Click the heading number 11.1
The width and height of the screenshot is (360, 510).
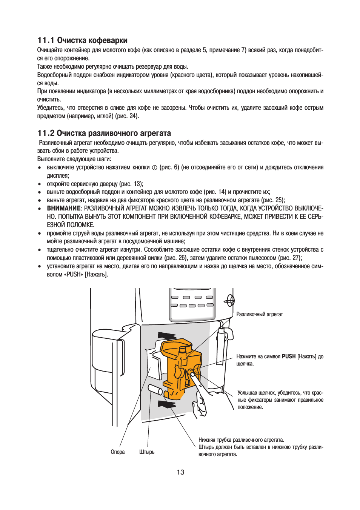46,40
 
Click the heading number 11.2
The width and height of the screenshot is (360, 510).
46,133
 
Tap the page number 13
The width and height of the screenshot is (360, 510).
180,472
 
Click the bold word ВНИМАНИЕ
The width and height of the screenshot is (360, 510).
63,208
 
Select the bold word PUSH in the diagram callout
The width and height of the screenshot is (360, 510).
289,356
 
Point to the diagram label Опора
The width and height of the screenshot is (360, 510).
117,452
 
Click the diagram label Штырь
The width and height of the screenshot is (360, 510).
147,452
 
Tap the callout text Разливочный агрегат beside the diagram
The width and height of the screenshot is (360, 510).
260,314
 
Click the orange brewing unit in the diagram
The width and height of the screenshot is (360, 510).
180,368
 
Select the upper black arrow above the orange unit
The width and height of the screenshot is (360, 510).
167,336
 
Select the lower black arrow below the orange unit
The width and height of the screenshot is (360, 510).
167,404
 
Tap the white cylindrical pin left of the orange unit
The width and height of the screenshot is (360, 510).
155,389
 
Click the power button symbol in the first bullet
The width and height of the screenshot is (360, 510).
155,168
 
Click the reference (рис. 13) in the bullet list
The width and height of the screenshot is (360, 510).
131,184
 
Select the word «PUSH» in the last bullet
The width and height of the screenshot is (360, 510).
74,275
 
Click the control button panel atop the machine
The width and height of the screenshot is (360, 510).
192,302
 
